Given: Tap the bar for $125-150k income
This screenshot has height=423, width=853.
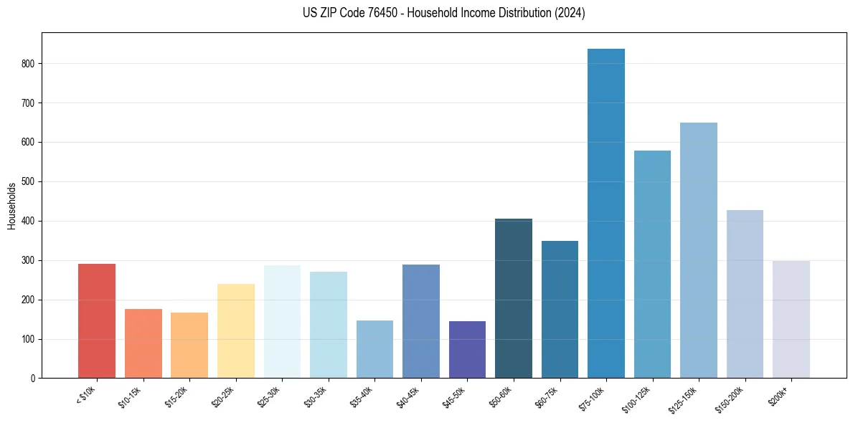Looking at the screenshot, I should click(x=698, y=250).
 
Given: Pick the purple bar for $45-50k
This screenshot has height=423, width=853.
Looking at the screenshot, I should click(x=467, y=349).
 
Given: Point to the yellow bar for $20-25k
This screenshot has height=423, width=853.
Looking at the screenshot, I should click(x=235, y=331).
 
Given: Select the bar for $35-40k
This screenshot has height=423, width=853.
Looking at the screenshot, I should click(x=374, y=349).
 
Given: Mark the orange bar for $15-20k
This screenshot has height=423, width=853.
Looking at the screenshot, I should click(x=189, y=345).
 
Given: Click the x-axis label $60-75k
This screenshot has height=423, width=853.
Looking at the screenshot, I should click(x=548, y=397).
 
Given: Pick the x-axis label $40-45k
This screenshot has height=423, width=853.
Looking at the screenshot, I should click(x=410, y=397).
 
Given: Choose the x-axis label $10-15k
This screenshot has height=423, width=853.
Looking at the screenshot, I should click(x=131, y=397).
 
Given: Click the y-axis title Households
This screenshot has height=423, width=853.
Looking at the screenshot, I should click(x=12, y=206).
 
